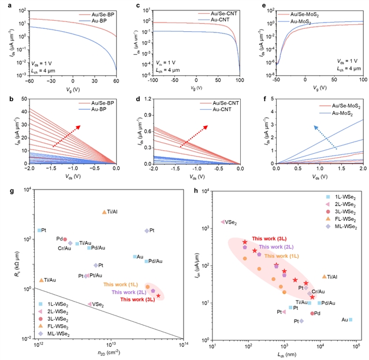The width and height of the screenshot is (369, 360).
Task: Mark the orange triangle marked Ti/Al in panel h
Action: (x=325, y=277)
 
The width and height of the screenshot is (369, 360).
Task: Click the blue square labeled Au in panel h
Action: (x=351, y=320)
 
